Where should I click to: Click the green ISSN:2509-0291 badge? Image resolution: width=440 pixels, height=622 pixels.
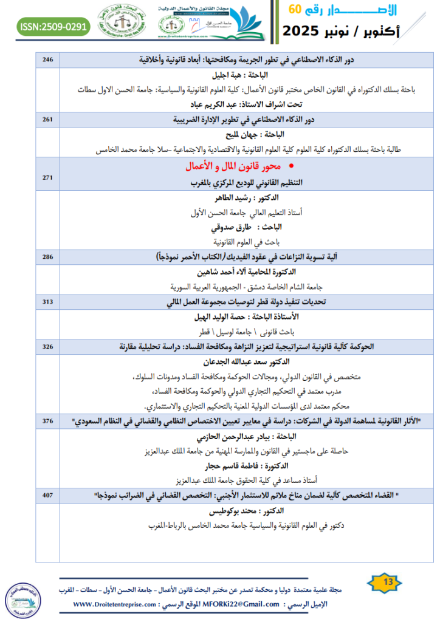click(x=54, y=26)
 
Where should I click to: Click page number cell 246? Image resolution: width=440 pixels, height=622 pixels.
click(x=48, y=59)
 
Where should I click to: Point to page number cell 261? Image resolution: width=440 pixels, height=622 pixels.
click(x=48, y=119)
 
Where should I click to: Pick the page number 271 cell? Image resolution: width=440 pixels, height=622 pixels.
click(x=48, y=176)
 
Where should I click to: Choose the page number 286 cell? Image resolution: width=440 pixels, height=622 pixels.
click(x=48, y=257)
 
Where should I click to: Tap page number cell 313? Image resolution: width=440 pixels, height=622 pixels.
click(x=48, y=302)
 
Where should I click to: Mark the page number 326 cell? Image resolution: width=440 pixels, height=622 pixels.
click(x=48, y=346)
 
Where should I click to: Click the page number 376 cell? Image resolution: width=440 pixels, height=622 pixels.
click(x=48, y=421)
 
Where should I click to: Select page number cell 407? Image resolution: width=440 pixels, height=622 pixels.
click(x=48, y=496)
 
